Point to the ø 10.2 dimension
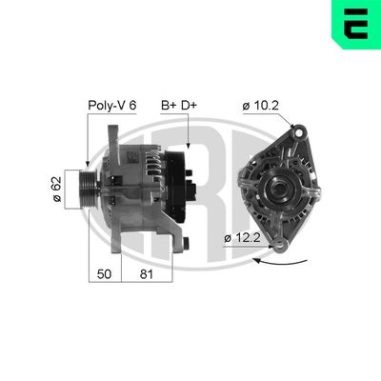point(258,106)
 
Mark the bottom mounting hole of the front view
point(280,249)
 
